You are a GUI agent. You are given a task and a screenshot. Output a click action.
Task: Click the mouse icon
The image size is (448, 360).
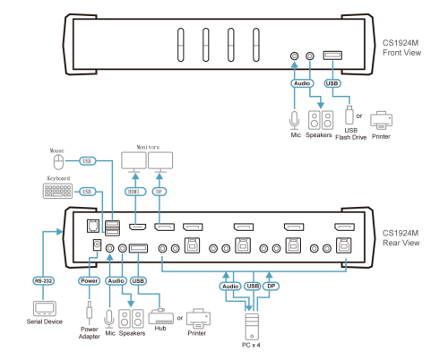[58, 162]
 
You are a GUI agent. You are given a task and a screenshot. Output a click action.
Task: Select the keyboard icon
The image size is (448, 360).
[57, 191]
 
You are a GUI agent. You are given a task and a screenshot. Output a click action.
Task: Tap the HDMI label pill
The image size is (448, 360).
[135, 192]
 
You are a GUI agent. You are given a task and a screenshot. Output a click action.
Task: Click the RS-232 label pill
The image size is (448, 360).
[43, 281]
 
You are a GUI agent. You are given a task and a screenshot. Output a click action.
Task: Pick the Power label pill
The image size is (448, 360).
[89, 281]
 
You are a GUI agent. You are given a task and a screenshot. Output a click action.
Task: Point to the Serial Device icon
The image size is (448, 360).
[45, 308]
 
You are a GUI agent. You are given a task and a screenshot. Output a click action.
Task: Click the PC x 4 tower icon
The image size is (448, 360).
[252, 326]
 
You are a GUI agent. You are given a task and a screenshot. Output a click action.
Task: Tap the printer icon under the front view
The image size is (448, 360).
[381, 120]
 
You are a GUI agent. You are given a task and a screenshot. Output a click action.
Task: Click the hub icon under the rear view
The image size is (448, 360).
[160, 317]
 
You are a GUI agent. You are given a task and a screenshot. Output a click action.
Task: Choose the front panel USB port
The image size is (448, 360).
[332, 56]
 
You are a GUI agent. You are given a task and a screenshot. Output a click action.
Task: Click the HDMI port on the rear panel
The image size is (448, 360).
[137, 227]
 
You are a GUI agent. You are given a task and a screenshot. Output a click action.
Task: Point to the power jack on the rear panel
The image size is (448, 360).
[97, 245]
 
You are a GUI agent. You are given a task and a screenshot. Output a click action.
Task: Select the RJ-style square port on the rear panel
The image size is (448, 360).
[93, 226]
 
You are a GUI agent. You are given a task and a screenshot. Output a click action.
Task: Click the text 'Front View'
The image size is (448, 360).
[402, 53]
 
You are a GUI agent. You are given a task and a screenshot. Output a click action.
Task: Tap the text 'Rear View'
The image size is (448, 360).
[401, 243]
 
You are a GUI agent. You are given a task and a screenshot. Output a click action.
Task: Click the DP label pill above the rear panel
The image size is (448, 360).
[159, 192]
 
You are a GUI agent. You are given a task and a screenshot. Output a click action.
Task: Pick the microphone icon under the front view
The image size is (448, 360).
[295, 121]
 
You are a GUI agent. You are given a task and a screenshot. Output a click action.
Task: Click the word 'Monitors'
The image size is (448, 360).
[148, 147]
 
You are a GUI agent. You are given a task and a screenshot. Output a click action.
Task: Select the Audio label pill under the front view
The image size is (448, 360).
[302, 83]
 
